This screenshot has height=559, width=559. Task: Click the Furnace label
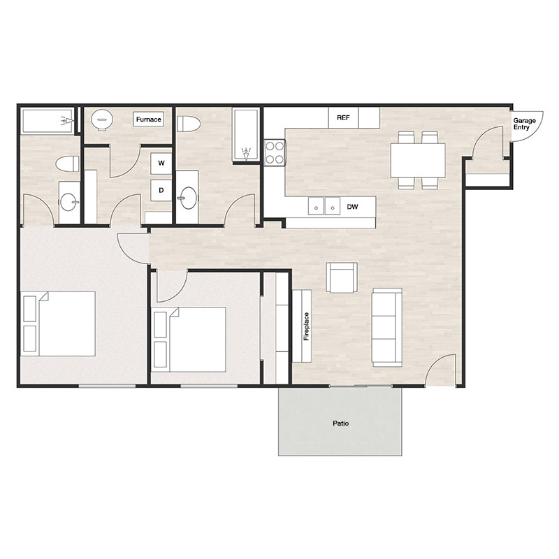coord(148,119)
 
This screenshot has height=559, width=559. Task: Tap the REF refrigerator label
coord(343,118)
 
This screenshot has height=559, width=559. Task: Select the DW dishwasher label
coord(353,207)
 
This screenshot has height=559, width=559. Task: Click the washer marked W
coord(161,163)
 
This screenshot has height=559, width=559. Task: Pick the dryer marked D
coord(161,189)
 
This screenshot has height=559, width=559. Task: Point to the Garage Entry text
coord(525,124)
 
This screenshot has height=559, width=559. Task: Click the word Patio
coord(340,423)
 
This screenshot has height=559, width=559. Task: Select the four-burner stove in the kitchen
coord(274,152)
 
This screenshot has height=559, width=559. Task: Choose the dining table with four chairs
coord(418,160)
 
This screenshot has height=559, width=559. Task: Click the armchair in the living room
coord(342,277)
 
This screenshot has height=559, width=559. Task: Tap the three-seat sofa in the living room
coord(386,327)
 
